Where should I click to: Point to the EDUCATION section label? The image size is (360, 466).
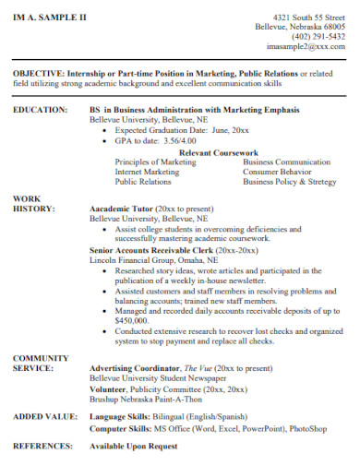pos(40,110)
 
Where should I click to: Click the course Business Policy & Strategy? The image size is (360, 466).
pos(290,182)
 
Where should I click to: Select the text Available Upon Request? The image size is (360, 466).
pos(133,447)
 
